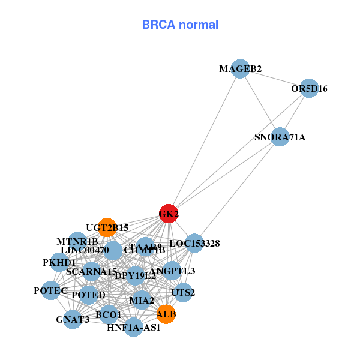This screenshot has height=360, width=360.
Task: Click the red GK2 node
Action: point(169,214)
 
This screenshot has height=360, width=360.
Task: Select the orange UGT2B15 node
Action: point(107,227)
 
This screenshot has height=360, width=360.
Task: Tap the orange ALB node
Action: point(166,313)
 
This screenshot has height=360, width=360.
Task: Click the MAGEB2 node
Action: point(240,68)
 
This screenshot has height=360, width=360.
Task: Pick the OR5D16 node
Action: point(308,88)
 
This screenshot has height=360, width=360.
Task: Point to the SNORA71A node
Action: point(280,137)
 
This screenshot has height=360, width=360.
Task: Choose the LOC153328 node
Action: point(194,243)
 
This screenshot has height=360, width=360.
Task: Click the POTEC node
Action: point(50,290)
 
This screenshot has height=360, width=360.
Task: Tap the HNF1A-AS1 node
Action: point(134,327)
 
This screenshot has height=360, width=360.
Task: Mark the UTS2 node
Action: point(182,293)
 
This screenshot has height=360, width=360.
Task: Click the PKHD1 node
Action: point(59,262)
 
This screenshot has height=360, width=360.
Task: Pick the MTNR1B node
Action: point(77,241)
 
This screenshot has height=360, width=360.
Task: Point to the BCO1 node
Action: point(109,314)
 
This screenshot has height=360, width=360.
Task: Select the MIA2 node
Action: point(142,299)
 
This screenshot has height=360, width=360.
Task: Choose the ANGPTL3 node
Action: point(172,271)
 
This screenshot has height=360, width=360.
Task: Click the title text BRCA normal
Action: point(180,25)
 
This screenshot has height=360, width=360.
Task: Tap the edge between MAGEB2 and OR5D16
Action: point(274,79)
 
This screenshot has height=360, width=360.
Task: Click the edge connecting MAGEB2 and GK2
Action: point(204,142)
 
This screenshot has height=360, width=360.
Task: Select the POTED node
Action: point(88,295)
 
